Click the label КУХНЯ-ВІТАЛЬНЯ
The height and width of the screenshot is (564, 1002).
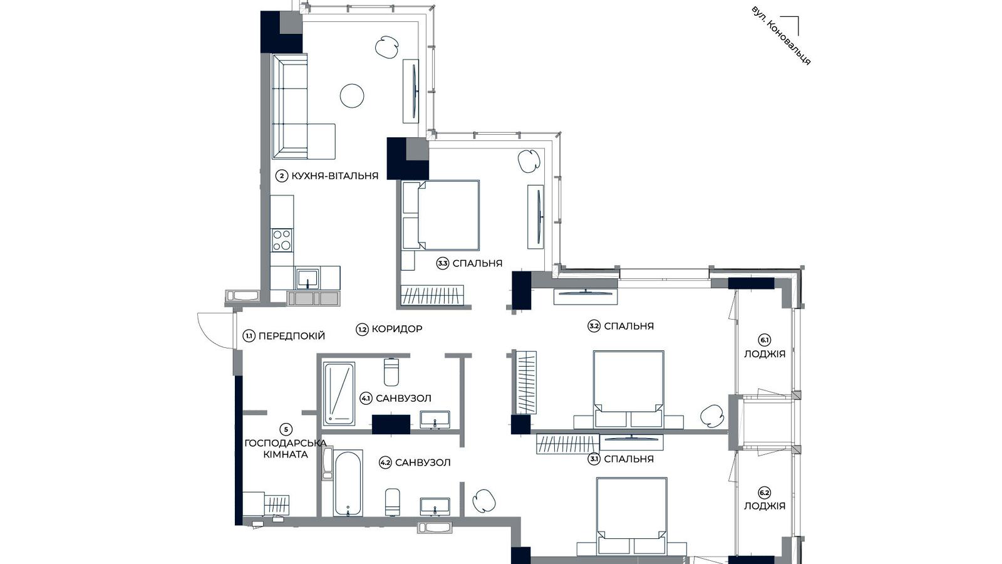[334, 176]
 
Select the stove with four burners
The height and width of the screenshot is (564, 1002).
[282, 240]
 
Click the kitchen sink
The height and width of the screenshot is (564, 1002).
[307, 277]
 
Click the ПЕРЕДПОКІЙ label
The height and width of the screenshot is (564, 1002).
[291, 336]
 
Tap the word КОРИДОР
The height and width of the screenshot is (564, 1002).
[396, 329]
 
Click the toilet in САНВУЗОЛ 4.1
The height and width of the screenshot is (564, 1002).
[391, 372]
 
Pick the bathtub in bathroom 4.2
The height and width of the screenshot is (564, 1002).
[348, 483]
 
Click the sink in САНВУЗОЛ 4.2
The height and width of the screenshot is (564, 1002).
[435, 506]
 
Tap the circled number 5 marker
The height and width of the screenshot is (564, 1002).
[286, 429]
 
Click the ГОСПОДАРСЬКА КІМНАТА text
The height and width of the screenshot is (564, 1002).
[286, 449]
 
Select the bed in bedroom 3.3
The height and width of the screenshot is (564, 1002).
[447, 216]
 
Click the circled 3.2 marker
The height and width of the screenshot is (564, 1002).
[594, 326]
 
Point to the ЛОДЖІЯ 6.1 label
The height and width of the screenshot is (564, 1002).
[765, 353]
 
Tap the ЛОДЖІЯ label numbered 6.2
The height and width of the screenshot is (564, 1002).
[765, 506]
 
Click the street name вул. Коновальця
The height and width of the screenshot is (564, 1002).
[781, 36]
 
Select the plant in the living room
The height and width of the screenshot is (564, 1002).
[387, 47]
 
